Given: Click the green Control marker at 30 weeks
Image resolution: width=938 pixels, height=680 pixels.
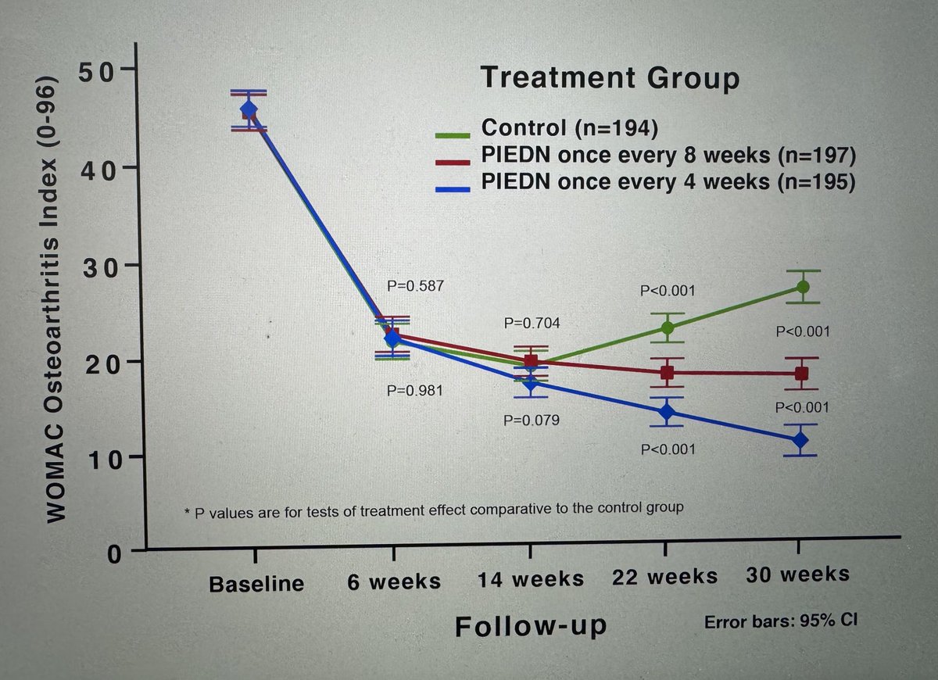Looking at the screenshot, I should click(x=800, y=287).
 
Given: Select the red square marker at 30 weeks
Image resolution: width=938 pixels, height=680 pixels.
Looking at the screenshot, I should click(x=800, y=374).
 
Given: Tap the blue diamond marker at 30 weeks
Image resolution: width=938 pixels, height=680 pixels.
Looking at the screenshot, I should click(x=800, y=440).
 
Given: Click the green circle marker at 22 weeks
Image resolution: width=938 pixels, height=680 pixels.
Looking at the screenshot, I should click(x=667, y=327).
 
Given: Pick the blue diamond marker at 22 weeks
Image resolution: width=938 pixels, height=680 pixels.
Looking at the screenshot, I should click(x=666, y=412).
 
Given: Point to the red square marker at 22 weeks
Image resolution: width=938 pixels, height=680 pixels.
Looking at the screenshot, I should click(x=667, y=373).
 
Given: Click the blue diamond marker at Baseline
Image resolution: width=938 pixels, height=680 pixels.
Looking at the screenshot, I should click(x=249, y=109).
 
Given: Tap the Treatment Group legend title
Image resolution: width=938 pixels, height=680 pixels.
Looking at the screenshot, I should click(x=609, y=78).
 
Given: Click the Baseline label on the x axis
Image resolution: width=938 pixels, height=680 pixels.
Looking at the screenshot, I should click(x=256, y=584).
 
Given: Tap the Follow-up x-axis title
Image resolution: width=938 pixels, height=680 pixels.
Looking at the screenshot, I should click(x=531, y=627).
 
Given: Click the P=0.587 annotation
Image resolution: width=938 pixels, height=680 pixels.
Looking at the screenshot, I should click(x=417, y=286).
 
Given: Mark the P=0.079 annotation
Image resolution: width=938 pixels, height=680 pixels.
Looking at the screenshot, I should click(x=532, y=421).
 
